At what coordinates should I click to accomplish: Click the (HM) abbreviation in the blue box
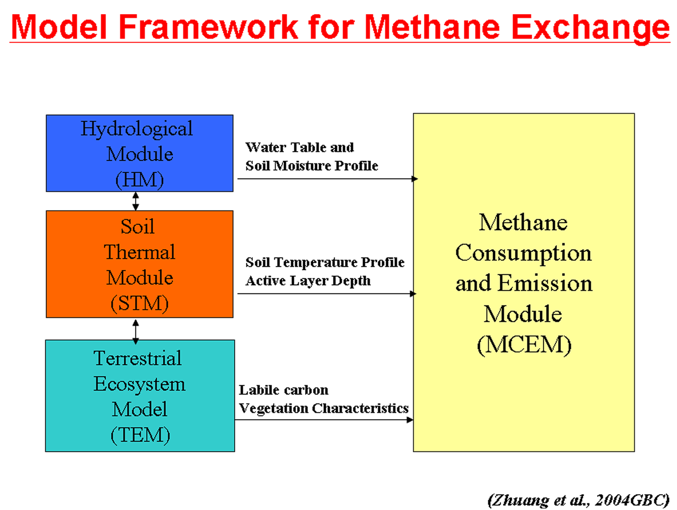[x=140, y=180]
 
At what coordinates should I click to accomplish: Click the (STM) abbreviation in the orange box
[x=140, y=303]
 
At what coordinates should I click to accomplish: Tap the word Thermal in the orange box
[x=140, y=252]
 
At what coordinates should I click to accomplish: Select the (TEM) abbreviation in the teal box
[x=140, y=435]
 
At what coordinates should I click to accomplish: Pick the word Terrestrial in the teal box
[x=138, y=358]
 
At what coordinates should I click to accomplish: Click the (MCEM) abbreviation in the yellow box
[x=524, y=344]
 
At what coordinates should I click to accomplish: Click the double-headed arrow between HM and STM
[x=136, y=201]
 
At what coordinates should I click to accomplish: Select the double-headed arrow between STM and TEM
[x=136, y=332]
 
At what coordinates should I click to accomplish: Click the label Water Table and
[x=299, y=147]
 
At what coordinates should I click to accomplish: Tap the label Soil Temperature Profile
[x=325, y=262]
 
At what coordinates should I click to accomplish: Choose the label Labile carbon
[x=284, y=390]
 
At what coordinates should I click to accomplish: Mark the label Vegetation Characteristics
[x=324, y=408]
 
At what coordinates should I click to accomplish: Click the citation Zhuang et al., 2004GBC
[x=579, y=500]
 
